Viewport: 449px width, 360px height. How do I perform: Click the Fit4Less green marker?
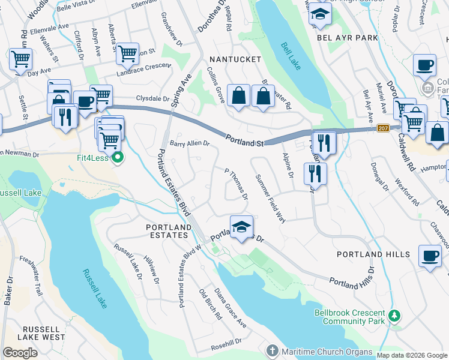pyautogui.click(x=118, y=158)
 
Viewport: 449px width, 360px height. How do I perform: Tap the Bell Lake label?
pyautogui.click(x=292, y=56)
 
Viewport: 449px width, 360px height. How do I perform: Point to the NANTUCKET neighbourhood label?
pyautogui.click(x=235, y=59)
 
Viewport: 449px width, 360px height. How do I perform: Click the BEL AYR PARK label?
pyautogui.click(x=348, y=38)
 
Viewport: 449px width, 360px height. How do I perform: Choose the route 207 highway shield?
pyautogui.click(x=384, y=128)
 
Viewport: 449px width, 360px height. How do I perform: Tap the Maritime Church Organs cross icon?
pyautogui.click(x=272, y=350)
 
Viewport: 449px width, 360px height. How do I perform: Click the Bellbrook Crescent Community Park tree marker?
pyautogui.click(x=394, y=315)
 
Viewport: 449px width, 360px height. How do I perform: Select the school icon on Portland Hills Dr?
pyautogui.click(x=241, y=227)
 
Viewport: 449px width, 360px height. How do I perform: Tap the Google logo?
pyautogui.click(x=20, y=353)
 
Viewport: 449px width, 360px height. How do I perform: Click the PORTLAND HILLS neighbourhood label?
pyautogui.click(x=373, y=254)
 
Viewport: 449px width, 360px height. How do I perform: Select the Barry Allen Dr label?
pyautogui.click(x=189, y=143)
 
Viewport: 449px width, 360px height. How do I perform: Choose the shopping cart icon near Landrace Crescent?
pyautogui.click(x=128, y=53)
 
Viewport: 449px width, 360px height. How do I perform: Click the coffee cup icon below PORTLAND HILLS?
pyautogui.click(x=430, y=256)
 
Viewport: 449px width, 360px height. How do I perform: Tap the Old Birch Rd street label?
pyautogui.click(x=210, y=304)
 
